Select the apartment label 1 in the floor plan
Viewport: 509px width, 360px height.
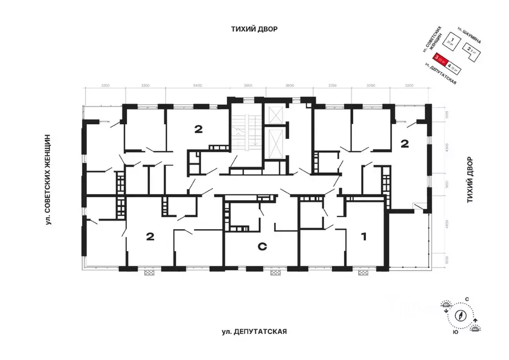(363, 237)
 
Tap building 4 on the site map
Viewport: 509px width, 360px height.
(453, 66)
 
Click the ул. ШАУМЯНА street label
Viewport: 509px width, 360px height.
(470, 35)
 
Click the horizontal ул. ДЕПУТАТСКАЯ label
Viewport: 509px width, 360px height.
(255, 331)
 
